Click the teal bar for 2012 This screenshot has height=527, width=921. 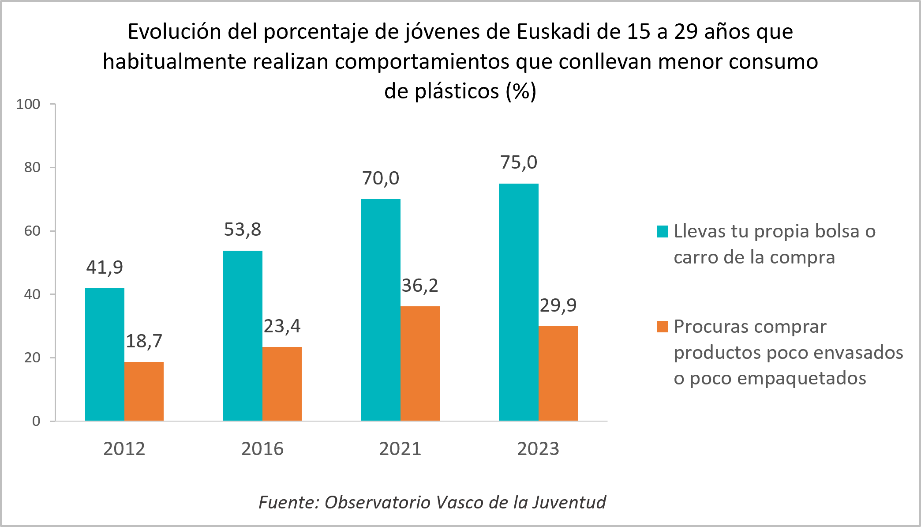pos(105,354)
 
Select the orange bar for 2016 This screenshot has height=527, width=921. pos(282,384)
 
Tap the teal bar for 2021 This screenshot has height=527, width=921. pos(380,310)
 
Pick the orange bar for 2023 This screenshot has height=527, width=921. pos(558,373)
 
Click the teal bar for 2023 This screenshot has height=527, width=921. pos(518,302)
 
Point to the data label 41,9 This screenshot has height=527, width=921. pos(105,267)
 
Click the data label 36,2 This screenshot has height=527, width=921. pos(419,286)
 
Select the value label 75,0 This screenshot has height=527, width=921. pos(518,162)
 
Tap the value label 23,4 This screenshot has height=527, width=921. pos(282,326)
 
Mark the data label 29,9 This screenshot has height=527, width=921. pos(558,305)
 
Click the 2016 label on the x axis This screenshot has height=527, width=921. pos(262,449)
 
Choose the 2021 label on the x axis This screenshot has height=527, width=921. pos(400,449)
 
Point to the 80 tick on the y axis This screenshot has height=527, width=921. pos(32,168)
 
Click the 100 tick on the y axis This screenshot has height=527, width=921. pos(28,105)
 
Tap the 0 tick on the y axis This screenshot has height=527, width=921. pos(36,421)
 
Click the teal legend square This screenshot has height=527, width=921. pos(662,231)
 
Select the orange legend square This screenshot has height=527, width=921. pos(662,327)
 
